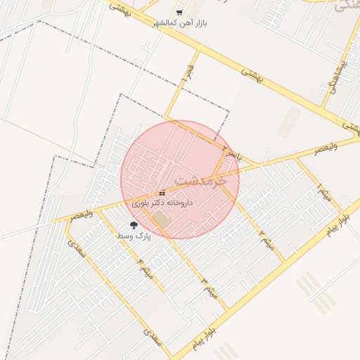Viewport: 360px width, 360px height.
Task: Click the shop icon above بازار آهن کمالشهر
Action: [179, 13]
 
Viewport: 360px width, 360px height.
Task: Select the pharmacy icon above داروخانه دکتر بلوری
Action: [162, 193]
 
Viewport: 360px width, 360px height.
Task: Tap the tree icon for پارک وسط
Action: [134, 226]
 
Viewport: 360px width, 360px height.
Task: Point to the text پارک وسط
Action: [134, 237]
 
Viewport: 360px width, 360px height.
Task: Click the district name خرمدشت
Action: [200, 180]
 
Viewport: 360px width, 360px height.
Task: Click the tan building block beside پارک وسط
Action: [162, 219]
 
